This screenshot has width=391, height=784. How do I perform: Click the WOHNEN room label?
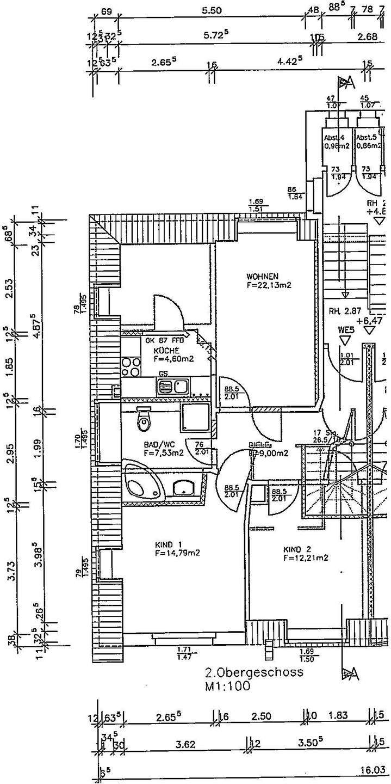click(262, 275)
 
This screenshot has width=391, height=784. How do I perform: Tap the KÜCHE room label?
click(163, 351)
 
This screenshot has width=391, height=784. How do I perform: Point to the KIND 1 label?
click(167, 544)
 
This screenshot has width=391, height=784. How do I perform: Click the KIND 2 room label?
click(296, 549)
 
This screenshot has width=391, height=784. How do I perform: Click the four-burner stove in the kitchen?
click(131, 366)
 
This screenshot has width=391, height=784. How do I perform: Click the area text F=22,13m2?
click(269, 284)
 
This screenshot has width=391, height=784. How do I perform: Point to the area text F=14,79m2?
click(177, 553)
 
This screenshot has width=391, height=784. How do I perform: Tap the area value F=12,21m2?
click(305, 558)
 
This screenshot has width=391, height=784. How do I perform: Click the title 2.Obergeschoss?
click(254, 672)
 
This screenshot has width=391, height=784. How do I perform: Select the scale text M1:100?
click(227, 687)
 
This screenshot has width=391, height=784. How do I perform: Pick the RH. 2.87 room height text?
click(345, 311)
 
